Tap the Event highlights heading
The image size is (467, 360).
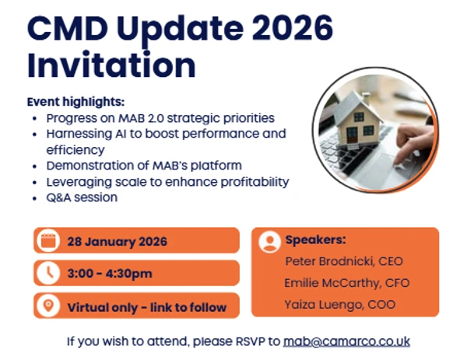75,103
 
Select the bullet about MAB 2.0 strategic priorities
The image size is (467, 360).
160,118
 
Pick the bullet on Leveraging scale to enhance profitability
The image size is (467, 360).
167,181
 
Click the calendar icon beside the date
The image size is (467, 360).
48,240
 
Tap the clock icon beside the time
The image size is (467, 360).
48,273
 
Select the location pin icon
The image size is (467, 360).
48,306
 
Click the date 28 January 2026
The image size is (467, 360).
117,241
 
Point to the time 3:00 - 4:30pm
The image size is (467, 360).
110,274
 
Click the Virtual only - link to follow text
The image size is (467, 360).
146,307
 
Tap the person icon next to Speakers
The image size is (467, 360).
269,242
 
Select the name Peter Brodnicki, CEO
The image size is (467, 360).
344,261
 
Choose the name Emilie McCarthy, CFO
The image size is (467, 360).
347,283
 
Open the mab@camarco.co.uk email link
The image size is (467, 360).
346,341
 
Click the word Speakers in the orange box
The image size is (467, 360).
315,239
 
